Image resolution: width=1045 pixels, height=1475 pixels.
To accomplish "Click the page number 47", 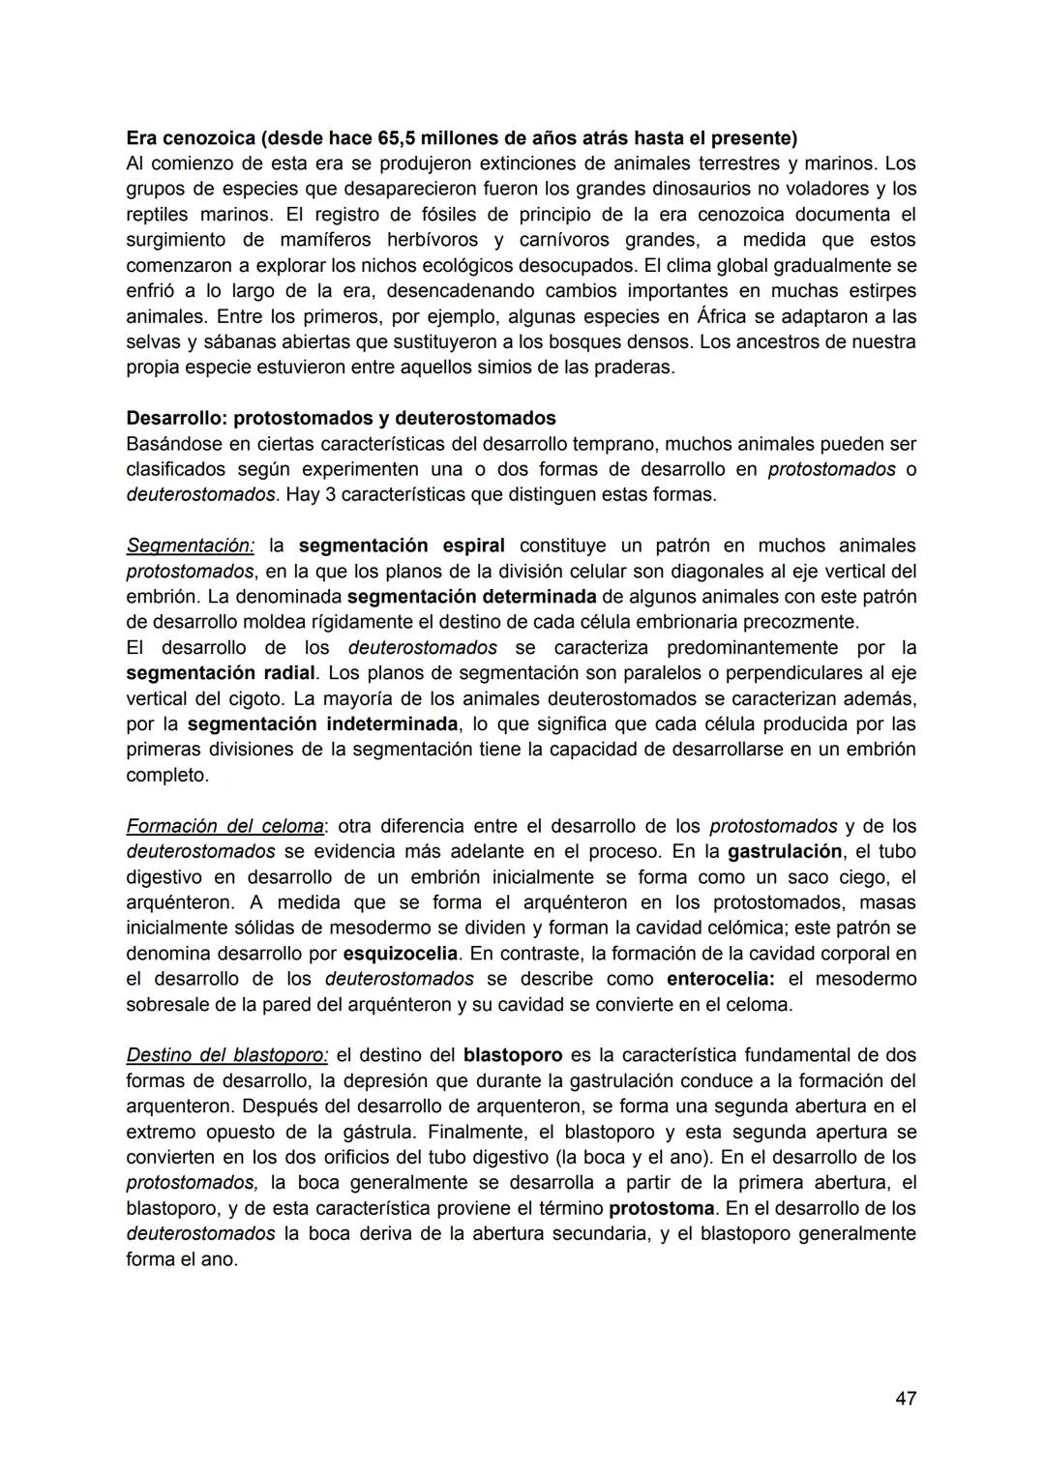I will click(906, 1398).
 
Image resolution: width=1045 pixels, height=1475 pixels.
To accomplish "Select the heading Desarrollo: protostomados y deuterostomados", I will click(341, 418).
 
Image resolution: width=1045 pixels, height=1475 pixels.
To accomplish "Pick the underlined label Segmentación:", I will click(190, 546).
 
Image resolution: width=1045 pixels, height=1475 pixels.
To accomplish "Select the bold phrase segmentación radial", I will click(221, 672).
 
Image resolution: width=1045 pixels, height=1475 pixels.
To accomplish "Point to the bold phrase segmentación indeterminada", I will click(322, 723).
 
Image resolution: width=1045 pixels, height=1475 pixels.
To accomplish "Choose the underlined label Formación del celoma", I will click(224, 826).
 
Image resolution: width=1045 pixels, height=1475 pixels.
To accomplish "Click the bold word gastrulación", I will click(784, 851).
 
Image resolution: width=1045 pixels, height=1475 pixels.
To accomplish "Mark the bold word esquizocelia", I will click(400, 954).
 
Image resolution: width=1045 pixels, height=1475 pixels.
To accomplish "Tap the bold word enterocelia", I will click(720, 979).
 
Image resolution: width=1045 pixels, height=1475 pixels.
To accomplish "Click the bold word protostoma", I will click(661, 1208).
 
